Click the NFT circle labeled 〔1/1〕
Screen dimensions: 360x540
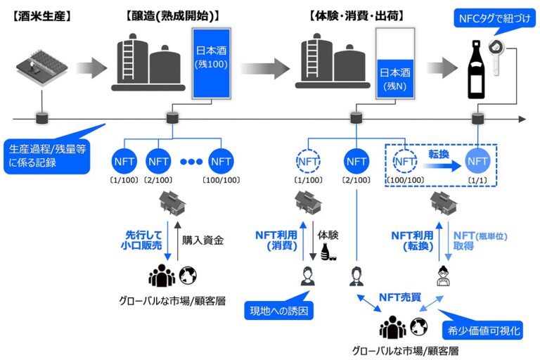(x=477, y=161)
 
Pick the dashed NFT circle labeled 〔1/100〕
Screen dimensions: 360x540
(x=307, y=161)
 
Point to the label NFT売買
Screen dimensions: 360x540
(x=399, y=297)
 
